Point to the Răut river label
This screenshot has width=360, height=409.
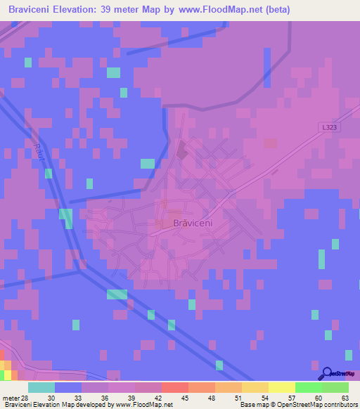[x=39, y=153]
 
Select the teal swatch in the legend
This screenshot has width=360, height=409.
[x=41, y=387]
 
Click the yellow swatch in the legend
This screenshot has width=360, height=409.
[x=281, y=387]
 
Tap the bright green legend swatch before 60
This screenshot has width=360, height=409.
[x=308, y=387]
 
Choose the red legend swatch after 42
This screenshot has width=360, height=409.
[x=174, y=387]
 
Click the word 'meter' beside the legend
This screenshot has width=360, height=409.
[x=11, y=397]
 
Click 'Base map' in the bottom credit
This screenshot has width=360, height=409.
[x=252, y=405]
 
